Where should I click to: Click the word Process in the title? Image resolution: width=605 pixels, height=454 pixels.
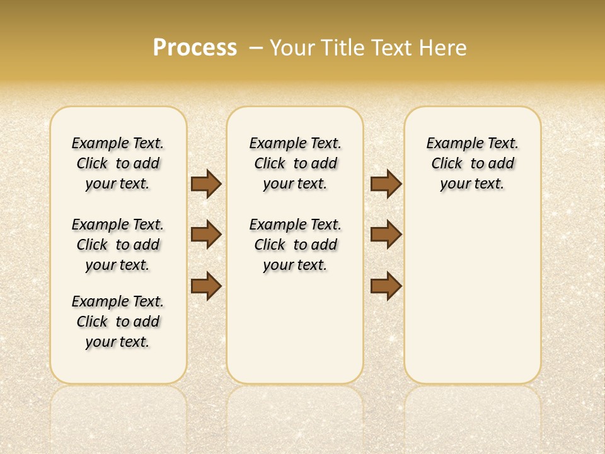click(x=195, y=48)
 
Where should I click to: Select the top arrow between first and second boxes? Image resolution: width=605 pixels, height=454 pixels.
click(x=205, y=183)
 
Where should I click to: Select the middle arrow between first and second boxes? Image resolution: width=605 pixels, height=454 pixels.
click(x=205, y=235)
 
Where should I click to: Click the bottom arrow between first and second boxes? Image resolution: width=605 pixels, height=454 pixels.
click(x=205, y=286)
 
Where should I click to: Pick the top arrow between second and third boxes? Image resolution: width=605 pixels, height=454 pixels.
click(x=386, y=183)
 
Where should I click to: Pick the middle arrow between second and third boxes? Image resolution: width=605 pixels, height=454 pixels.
click(x=386, y=235)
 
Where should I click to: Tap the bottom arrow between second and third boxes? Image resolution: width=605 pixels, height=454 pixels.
click(x=386, y=286)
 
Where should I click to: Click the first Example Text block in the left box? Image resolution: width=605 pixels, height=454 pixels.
click(x=118, y=163)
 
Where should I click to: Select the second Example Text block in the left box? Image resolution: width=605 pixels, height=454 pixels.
click(x=118, y=245)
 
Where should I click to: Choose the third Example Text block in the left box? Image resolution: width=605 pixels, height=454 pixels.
click(x=118, y=322)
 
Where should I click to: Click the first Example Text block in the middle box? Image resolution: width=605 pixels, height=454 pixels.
click(x=295, y=163)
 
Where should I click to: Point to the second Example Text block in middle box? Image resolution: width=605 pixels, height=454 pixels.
click(x=295, y=245)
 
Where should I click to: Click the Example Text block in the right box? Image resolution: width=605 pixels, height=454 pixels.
click(x=472, y=163)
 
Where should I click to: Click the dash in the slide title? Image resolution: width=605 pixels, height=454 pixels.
click(x=256, y=48)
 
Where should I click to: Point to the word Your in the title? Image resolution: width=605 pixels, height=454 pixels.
click(x=293, y=48)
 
